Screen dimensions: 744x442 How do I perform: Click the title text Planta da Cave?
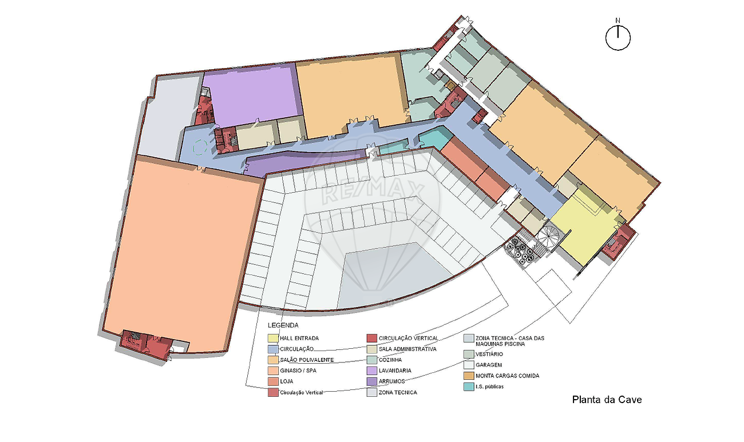coord(607,400)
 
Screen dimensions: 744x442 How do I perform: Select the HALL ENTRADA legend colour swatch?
coord(273,338)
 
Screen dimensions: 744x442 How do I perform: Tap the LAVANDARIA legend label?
coord(395,371)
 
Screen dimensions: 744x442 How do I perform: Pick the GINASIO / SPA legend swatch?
coord(273,371)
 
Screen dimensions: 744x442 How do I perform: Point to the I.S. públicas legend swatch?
coord(469,387)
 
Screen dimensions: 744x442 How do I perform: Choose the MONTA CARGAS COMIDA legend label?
coord(507,376)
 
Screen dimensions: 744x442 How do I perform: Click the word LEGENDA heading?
coord(283,325)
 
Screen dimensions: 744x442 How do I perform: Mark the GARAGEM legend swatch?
coord(469,365)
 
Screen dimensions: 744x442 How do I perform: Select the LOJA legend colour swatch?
coord(273,381)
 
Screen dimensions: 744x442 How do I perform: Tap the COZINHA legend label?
coord(390,360)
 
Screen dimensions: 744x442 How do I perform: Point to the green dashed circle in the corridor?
coord(200,148)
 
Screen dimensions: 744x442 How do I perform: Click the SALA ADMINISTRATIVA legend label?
coord(407,349)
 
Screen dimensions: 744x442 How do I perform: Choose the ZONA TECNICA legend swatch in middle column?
coord(372,392)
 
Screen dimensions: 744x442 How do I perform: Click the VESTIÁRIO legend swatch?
coord(469,354)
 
